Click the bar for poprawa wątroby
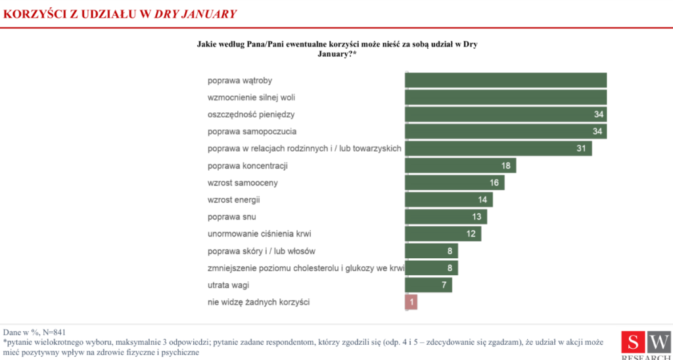click(505, 80)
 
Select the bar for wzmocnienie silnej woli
click(505, 97)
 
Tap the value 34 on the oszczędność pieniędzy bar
click(598, 114)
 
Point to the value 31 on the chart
click(581, 148)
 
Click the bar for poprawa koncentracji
click(460, 166)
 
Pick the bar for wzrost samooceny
click(454, 183)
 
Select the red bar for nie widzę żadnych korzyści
click(411, 302)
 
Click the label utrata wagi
click(228, 285)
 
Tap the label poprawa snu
click(231, 217)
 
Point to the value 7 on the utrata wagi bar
click(444, 285)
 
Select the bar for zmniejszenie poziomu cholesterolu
click(431, 268)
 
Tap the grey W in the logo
click(659, 342)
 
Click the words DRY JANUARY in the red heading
click(195, 13)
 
